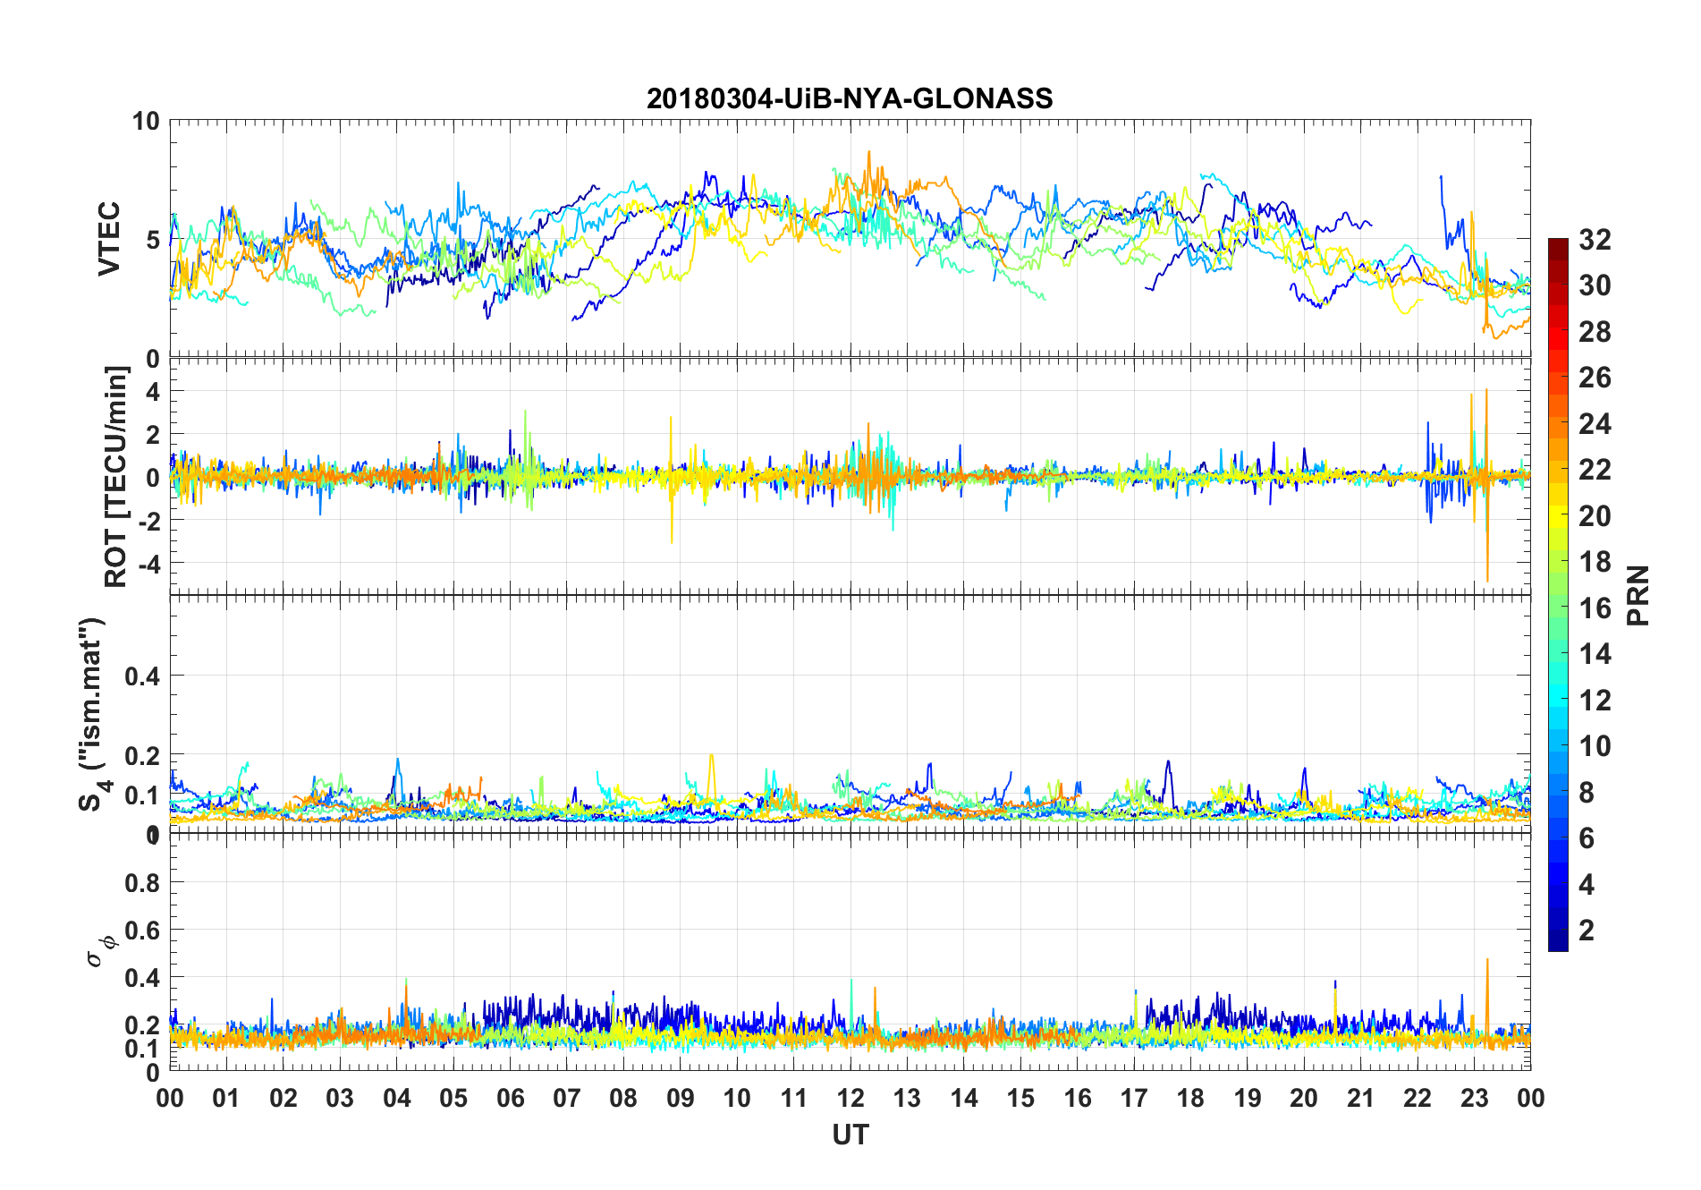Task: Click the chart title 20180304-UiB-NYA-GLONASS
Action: pyautogui.click(x=850, y=98)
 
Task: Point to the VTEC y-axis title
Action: pyautogui.click(x=109, y=239)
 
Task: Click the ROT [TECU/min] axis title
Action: pyautogui.click(x=116, y=476)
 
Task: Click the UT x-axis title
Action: pyautogui.click(x=850, y=1135)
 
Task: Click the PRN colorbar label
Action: pyautogui.click(x=1638, y=595)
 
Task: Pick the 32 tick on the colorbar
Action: pyautogui.click(x=1595, y=239)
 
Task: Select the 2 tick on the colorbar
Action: pyautogui.click(x=1587, y=930)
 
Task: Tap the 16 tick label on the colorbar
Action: pyautogui.click(x=1595, y=608)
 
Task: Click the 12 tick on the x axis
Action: pyautogui.click(x=850, y=1098)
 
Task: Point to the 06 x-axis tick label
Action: pyautogui.click(x=511, y=1098)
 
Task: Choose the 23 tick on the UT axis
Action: pyautogui.click(x=1474, y=1098)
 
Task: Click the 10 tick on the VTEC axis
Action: pyautogui.click(x=146, y=122)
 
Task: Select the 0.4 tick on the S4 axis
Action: pyautogui.click(x=142, y=676)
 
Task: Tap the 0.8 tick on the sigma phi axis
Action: pyautogui.click(x=142, y=883)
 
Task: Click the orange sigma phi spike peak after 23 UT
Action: pyautogui.click(x=1487, y=960)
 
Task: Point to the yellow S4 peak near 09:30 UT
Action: pyautogui.click(x=712, y=755)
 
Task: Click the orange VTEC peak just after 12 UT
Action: pyautogui.click(x=868, y=152)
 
